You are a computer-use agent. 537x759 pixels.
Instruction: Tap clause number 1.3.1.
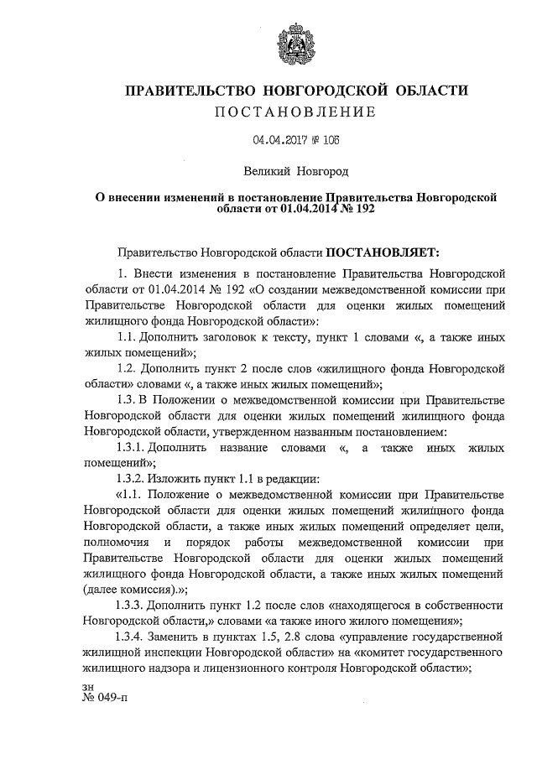pos(135,448)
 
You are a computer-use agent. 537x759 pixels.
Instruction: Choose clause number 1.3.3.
pos(135,605)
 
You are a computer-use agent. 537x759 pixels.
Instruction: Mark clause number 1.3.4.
pos(135,637)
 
